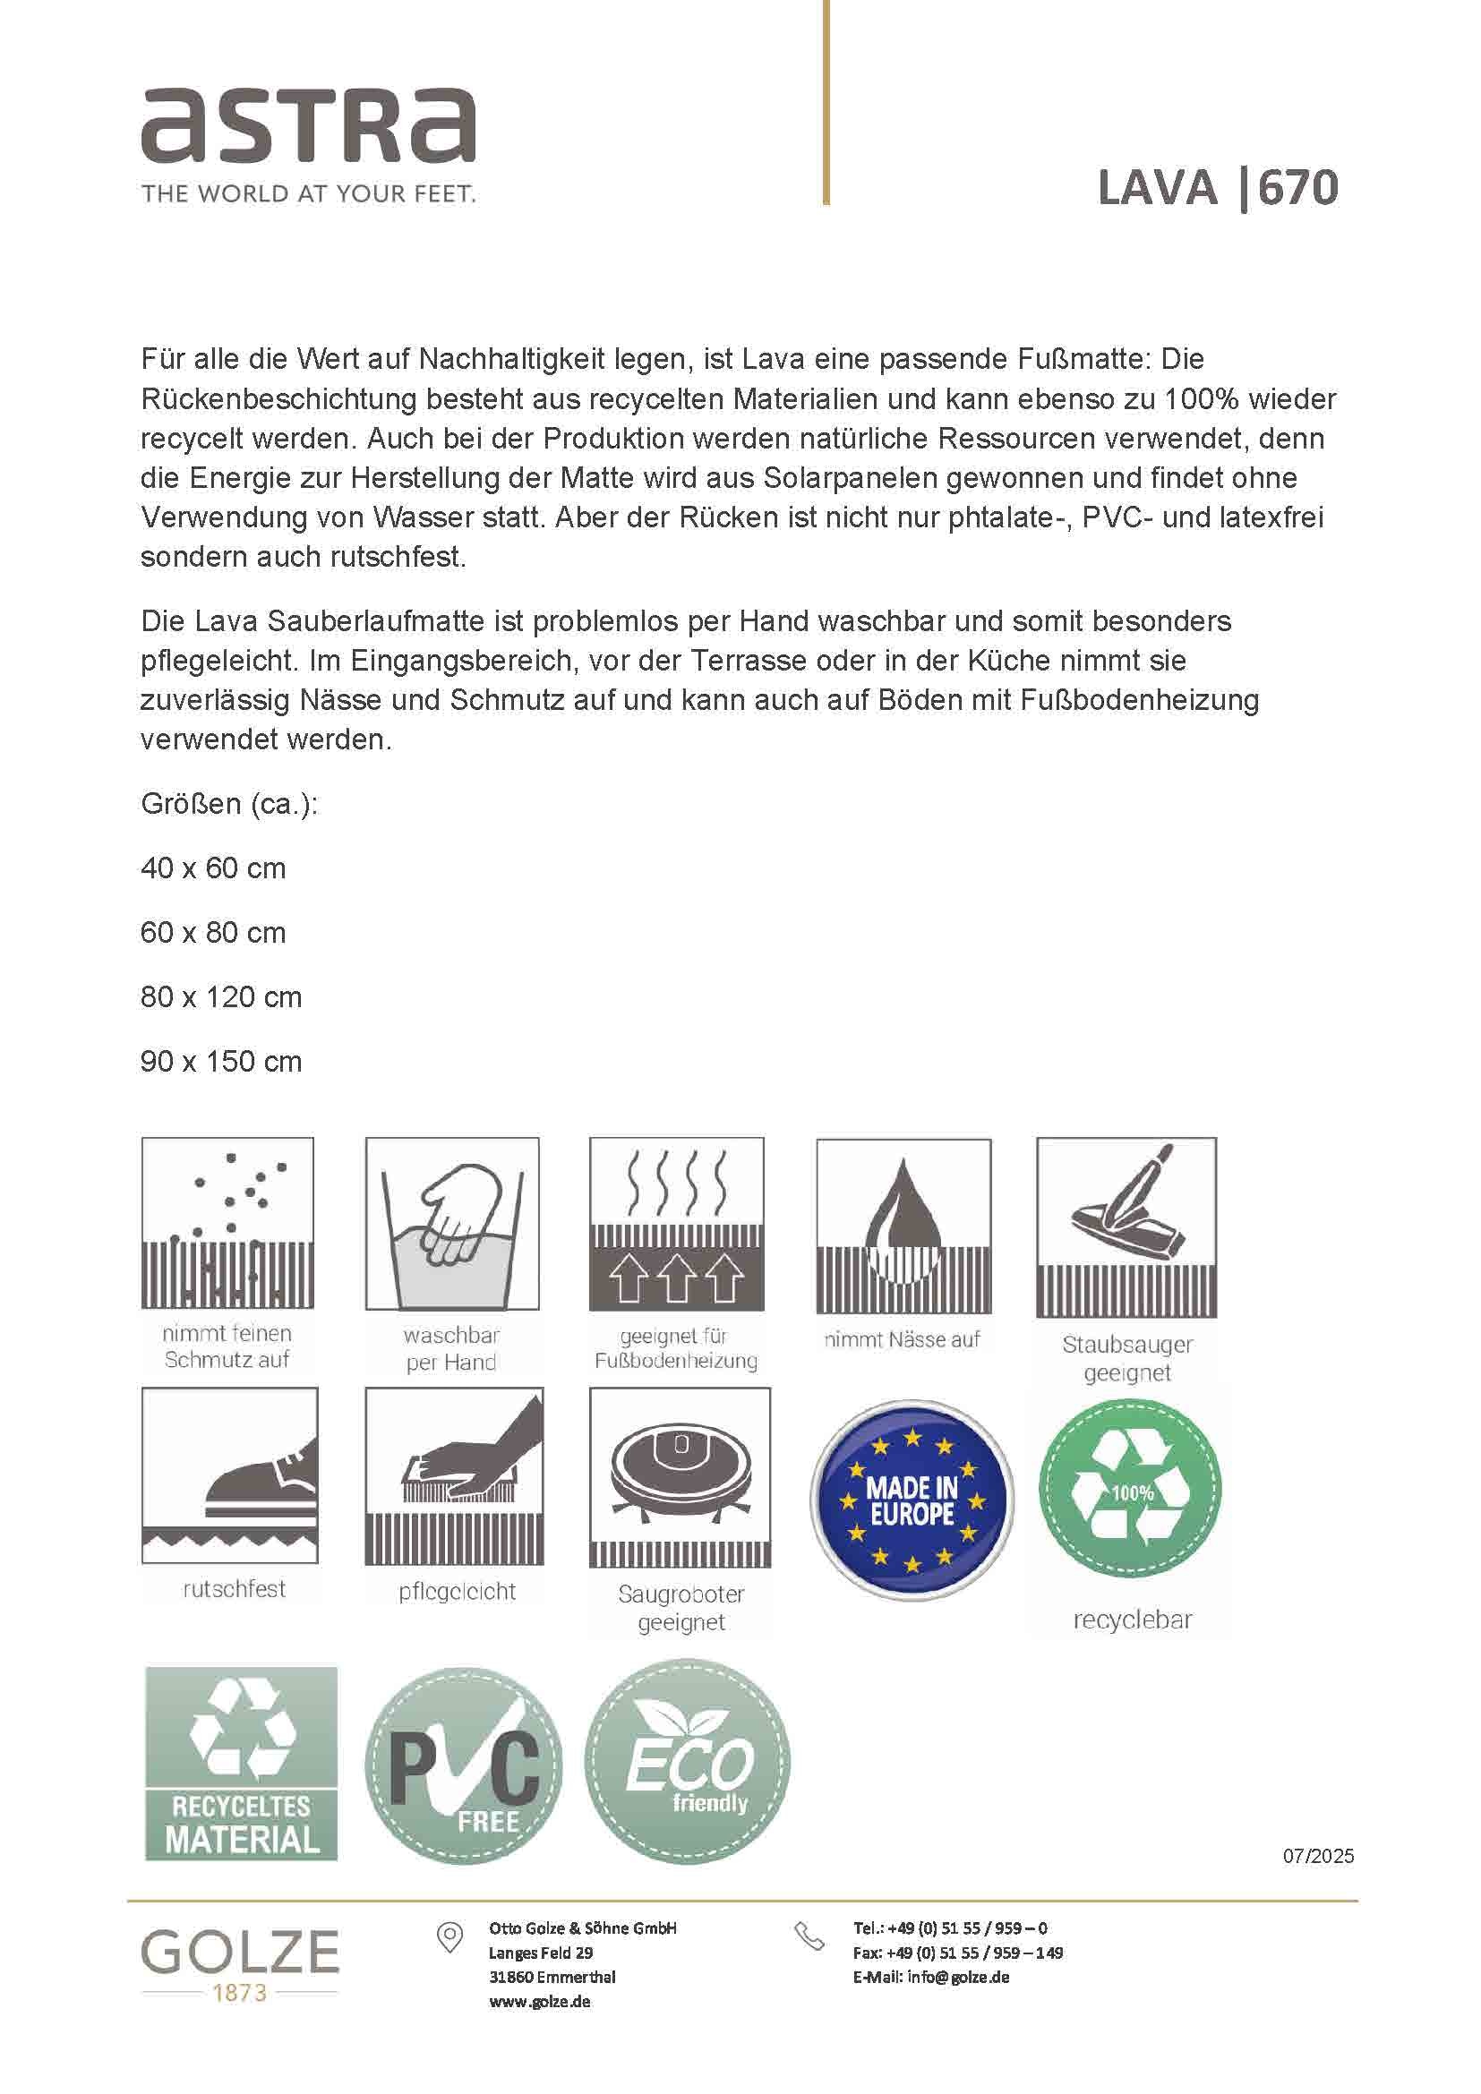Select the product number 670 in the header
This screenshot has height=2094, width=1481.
(1298, 188)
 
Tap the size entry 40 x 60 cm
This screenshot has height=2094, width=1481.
(213, 868)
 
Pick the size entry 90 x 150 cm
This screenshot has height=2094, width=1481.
(220, 1062)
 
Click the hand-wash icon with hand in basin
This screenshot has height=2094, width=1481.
(452, 1222)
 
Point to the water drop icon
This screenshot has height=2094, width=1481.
(903, 1224)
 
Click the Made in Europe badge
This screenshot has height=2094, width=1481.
(912, 1500)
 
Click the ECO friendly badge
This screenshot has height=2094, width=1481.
(688, 1762)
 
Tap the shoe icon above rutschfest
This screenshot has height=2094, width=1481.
(230, 1474)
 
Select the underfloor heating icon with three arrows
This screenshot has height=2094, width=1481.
(676, 1222)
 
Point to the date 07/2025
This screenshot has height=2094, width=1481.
(1318, 1857)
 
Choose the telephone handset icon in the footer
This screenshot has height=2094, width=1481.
(809, 1936)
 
